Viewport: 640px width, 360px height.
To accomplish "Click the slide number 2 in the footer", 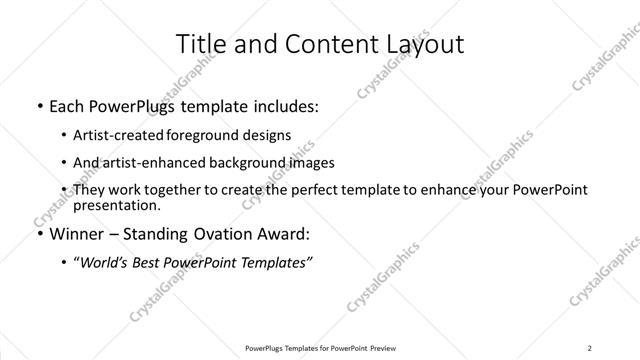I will pos(590,349).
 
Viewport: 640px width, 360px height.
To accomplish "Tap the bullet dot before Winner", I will pos(38,235).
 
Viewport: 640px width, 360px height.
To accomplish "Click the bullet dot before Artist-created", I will pos(64,134).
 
